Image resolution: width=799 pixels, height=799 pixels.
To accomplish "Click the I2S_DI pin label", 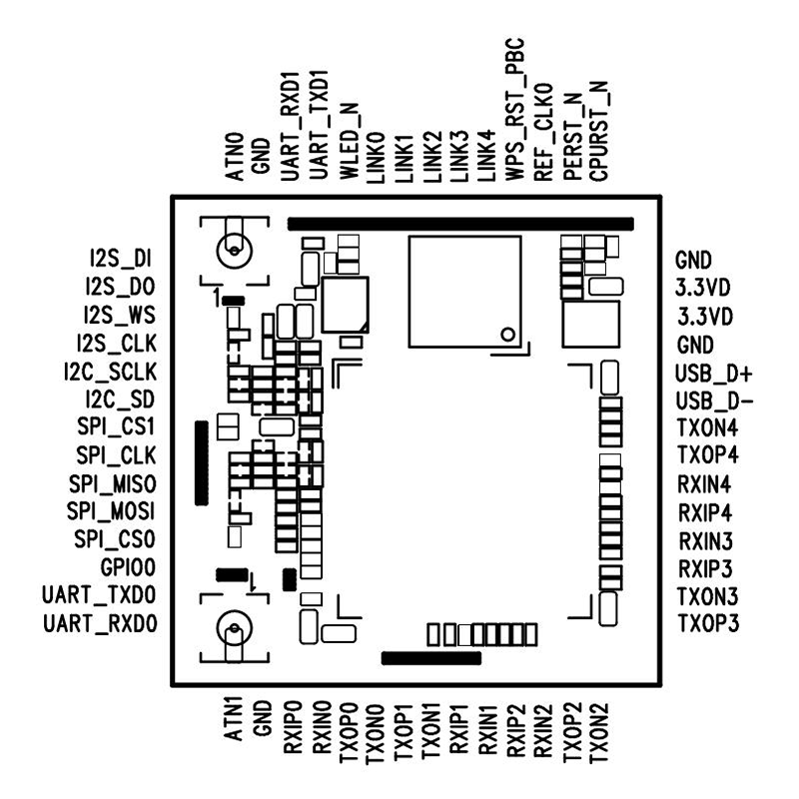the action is point(121,259).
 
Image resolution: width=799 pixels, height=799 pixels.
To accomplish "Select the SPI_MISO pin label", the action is point(113,483).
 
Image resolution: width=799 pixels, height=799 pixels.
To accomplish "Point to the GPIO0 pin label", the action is point(128,567).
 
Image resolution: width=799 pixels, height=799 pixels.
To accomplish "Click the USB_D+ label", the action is point(714,374).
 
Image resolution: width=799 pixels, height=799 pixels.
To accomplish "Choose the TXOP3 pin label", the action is point(708,623).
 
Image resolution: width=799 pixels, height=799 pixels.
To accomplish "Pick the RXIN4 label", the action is point(705,484).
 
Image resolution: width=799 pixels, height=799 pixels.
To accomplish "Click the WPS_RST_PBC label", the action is point(514,109).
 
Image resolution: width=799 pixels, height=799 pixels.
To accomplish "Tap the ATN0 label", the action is point(235,157).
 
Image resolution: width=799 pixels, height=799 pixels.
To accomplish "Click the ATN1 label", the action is point(233,720).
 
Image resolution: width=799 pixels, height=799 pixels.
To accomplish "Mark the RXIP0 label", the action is point(293,727).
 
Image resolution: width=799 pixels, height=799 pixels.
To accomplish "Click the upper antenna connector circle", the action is point(234,252).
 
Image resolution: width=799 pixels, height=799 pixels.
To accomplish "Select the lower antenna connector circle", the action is point(234,628).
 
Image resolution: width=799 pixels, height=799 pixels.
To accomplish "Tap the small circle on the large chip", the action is point(508,335).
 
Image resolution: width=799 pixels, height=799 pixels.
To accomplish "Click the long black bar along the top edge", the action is point(460,224).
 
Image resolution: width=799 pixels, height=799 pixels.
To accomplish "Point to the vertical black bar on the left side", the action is point(202,463).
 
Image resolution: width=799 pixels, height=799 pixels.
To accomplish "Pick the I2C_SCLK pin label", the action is point(111,372).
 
